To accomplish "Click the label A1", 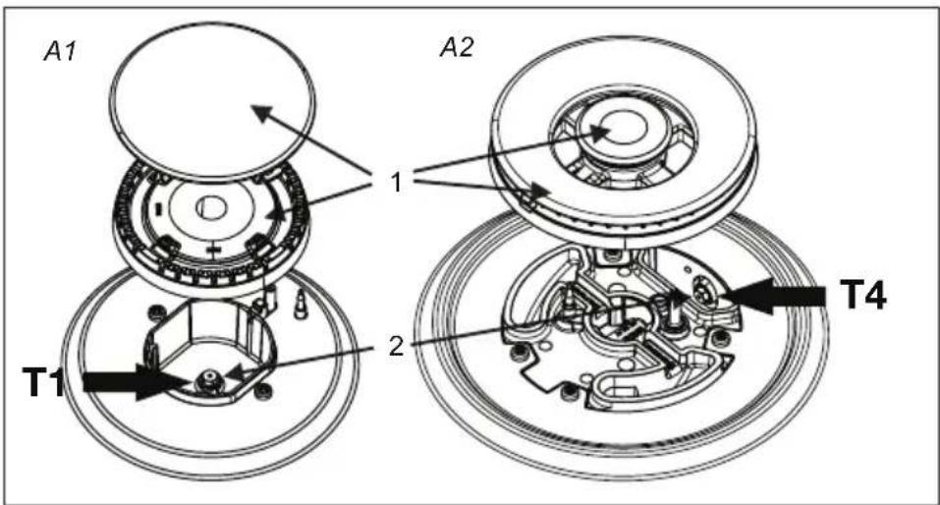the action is [60, 52].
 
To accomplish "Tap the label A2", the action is [456, 47].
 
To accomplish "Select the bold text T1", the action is [43, 382].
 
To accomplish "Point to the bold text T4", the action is [862, 295].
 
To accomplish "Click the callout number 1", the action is [396, 181].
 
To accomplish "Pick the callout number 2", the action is [396, 346].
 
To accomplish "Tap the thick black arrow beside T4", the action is [774, 295].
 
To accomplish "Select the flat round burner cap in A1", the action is [212, 101].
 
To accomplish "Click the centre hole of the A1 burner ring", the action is [211, 208].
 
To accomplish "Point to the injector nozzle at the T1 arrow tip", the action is [209, 378].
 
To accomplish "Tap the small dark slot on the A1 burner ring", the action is [158, 209].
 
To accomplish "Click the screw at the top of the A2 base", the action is [611, 255].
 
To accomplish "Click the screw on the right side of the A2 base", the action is [716, 338].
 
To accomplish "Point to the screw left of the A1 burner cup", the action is [158, 311].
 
